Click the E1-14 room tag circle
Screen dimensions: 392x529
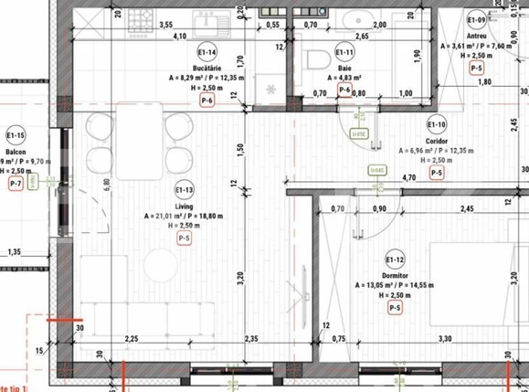click(x=206, y=52)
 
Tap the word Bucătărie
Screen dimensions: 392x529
click(x=206, y=69)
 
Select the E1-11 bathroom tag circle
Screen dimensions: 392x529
click(x=344, y=52)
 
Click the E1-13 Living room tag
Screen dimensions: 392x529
click(x=185, y=190)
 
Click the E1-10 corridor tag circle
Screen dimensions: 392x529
click(x=436, y=125)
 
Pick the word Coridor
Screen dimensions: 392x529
click(x=437, y=141)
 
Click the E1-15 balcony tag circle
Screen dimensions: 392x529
click(x=15, y=135)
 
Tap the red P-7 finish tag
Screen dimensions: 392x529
click(x=15, y=184)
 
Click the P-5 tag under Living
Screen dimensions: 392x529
click(x=185, y=238)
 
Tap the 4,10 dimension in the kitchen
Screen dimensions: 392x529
click(x=180, y=37)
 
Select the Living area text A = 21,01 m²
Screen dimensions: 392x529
click(x=185, y=217)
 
